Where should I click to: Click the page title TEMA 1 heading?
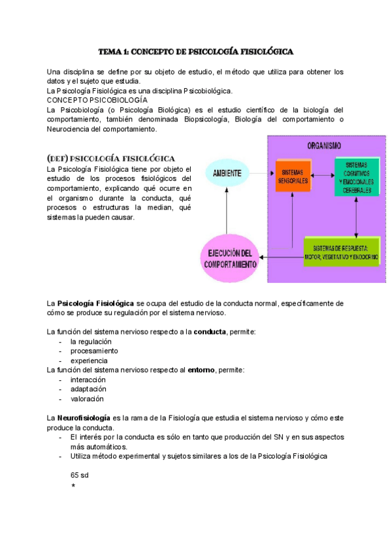click(x=195, y=51)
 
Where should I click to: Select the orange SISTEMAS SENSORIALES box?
click(x=293, y=174)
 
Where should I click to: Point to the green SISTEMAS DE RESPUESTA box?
click(x=341, y=252)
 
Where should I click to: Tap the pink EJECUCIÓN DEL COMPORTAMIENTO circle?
click(x=229, y=259)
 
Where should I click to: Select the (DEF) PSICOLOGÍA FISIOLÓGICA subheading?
click(x=110, y=158)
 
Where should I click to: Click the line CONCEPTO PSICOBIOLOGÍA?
click(x=97, y=100)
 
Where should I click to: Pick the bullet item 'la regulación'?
click(x=91, y=342)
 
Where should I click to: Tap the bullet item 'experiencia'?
click(x=89, y=361)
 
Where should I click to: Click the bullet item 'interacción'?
click(x=88, y=380)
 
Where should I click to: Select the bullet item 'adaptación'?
click(x=88, y=389)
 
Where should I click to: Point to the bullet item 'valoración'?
click(x=87, y=399)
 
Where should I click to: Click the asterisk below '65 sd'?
click(x=73, y=486)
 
